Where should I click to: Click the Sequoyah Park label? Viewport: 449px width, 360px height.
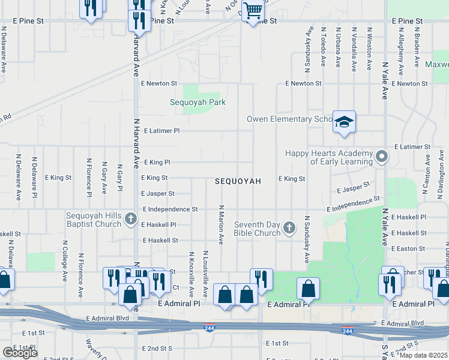(197, 102)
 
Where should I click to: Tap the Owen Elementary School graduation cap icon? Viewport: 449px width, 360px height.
(344, 122)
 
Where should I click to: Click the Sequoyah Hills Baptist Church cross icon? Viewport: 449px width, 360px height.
(131, 220)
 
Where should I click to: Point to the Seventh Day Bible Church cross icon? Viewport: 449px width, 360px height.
(289, 227)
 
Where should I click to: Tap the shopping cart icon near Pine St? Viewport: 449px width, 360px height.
(253, 11)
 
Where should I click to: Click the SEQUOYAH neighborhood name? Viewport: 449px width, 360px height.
(238, 181)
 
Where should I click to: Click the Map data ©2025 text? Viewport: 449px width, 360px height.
(423, 355)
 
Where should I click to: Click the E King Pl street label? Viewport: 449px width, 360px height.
(156, 162)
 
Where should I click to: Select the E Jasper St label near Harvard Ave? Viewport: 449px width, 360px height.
(158, 194)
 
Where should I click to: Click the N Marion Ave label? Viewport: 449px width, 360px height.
(221, 224)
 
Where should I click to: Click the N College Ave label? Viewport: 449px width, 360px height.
(65, 261)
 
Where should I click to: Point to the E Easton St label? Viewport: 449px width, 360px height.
(408, 248)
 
